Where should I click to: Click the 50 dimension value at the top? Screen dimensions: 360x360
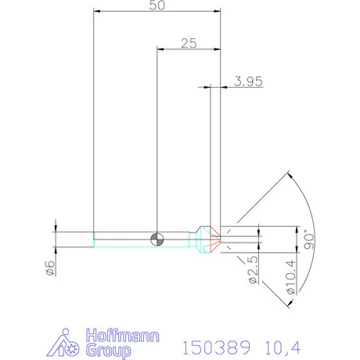point(156,6)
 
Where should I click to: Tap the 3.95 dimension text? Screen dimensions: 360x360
point(247,81)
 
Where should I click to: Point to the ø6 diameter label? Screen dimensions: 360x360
point(49,267)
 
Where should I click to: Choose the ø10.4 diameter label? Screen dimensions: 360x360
point(290,277)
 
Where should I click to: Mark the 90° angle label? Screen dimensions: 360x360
point(308,238)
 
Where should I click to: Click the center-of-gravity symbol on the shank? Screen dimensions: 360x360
point(157,237)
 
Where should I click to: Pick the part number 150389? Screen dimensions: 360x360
point(216,345)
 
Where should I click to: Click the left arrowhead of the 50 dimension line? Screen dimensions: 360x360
point(95,12)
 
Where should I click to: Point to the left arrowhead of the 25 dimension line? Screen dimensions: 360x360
point(160,48)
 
